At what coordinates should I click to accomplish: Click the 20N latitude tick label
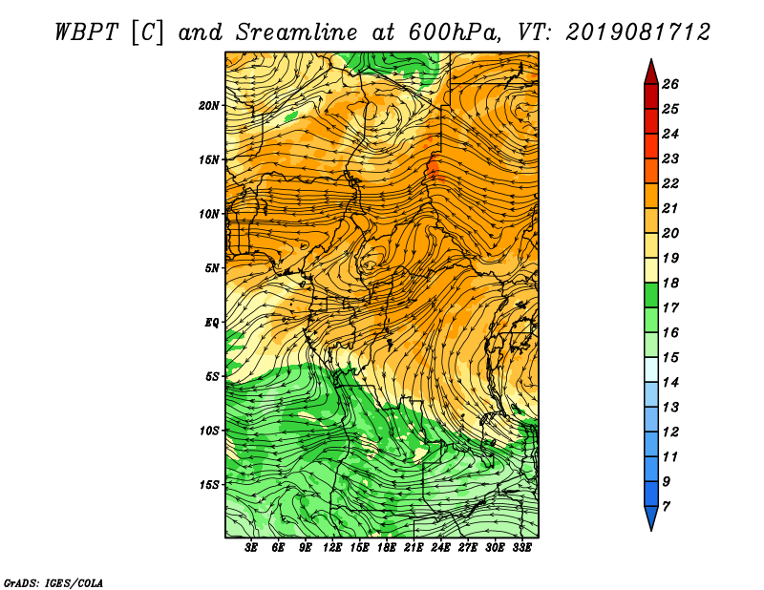(208, 106)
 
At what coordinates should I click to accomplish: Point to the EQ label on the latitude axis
(211, 323)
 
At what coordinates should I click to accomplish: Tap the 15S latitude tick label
(208, 485)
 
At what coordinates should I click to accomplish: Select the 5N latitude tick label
(211, 268)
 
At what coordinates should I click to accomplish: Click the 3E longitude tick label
(251, 548)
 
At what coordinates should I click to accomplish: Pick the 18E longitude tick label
(387, 548)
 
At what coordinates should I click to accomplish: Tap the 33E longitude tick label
(521, 548)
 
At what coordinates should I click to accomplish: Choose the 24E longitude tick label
(440, 548)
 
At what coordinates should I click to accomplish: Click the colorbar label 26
(670, 84)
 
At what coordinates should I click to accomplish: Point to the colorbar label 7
(666, 507)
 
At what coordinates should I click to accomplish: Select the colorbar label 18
(670, 283)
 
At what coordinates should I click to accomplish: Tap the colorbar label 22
(670, 183)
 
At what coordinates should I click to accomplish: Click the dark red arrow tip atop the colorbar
(651, 60)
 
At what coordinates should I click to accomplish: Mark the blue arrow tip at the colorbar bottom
(651, 529)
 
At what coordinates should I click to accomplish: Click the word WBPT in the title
(86, 32)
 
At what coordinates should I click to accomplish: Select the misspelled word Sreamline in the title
(296, 32)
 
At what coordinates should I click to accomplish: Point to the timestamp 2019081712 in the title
(638, 32)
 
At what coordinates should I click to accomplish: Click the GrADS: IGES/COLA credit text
(53, 583)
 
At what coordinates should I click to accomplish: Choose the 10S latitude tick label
(208, 432)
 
